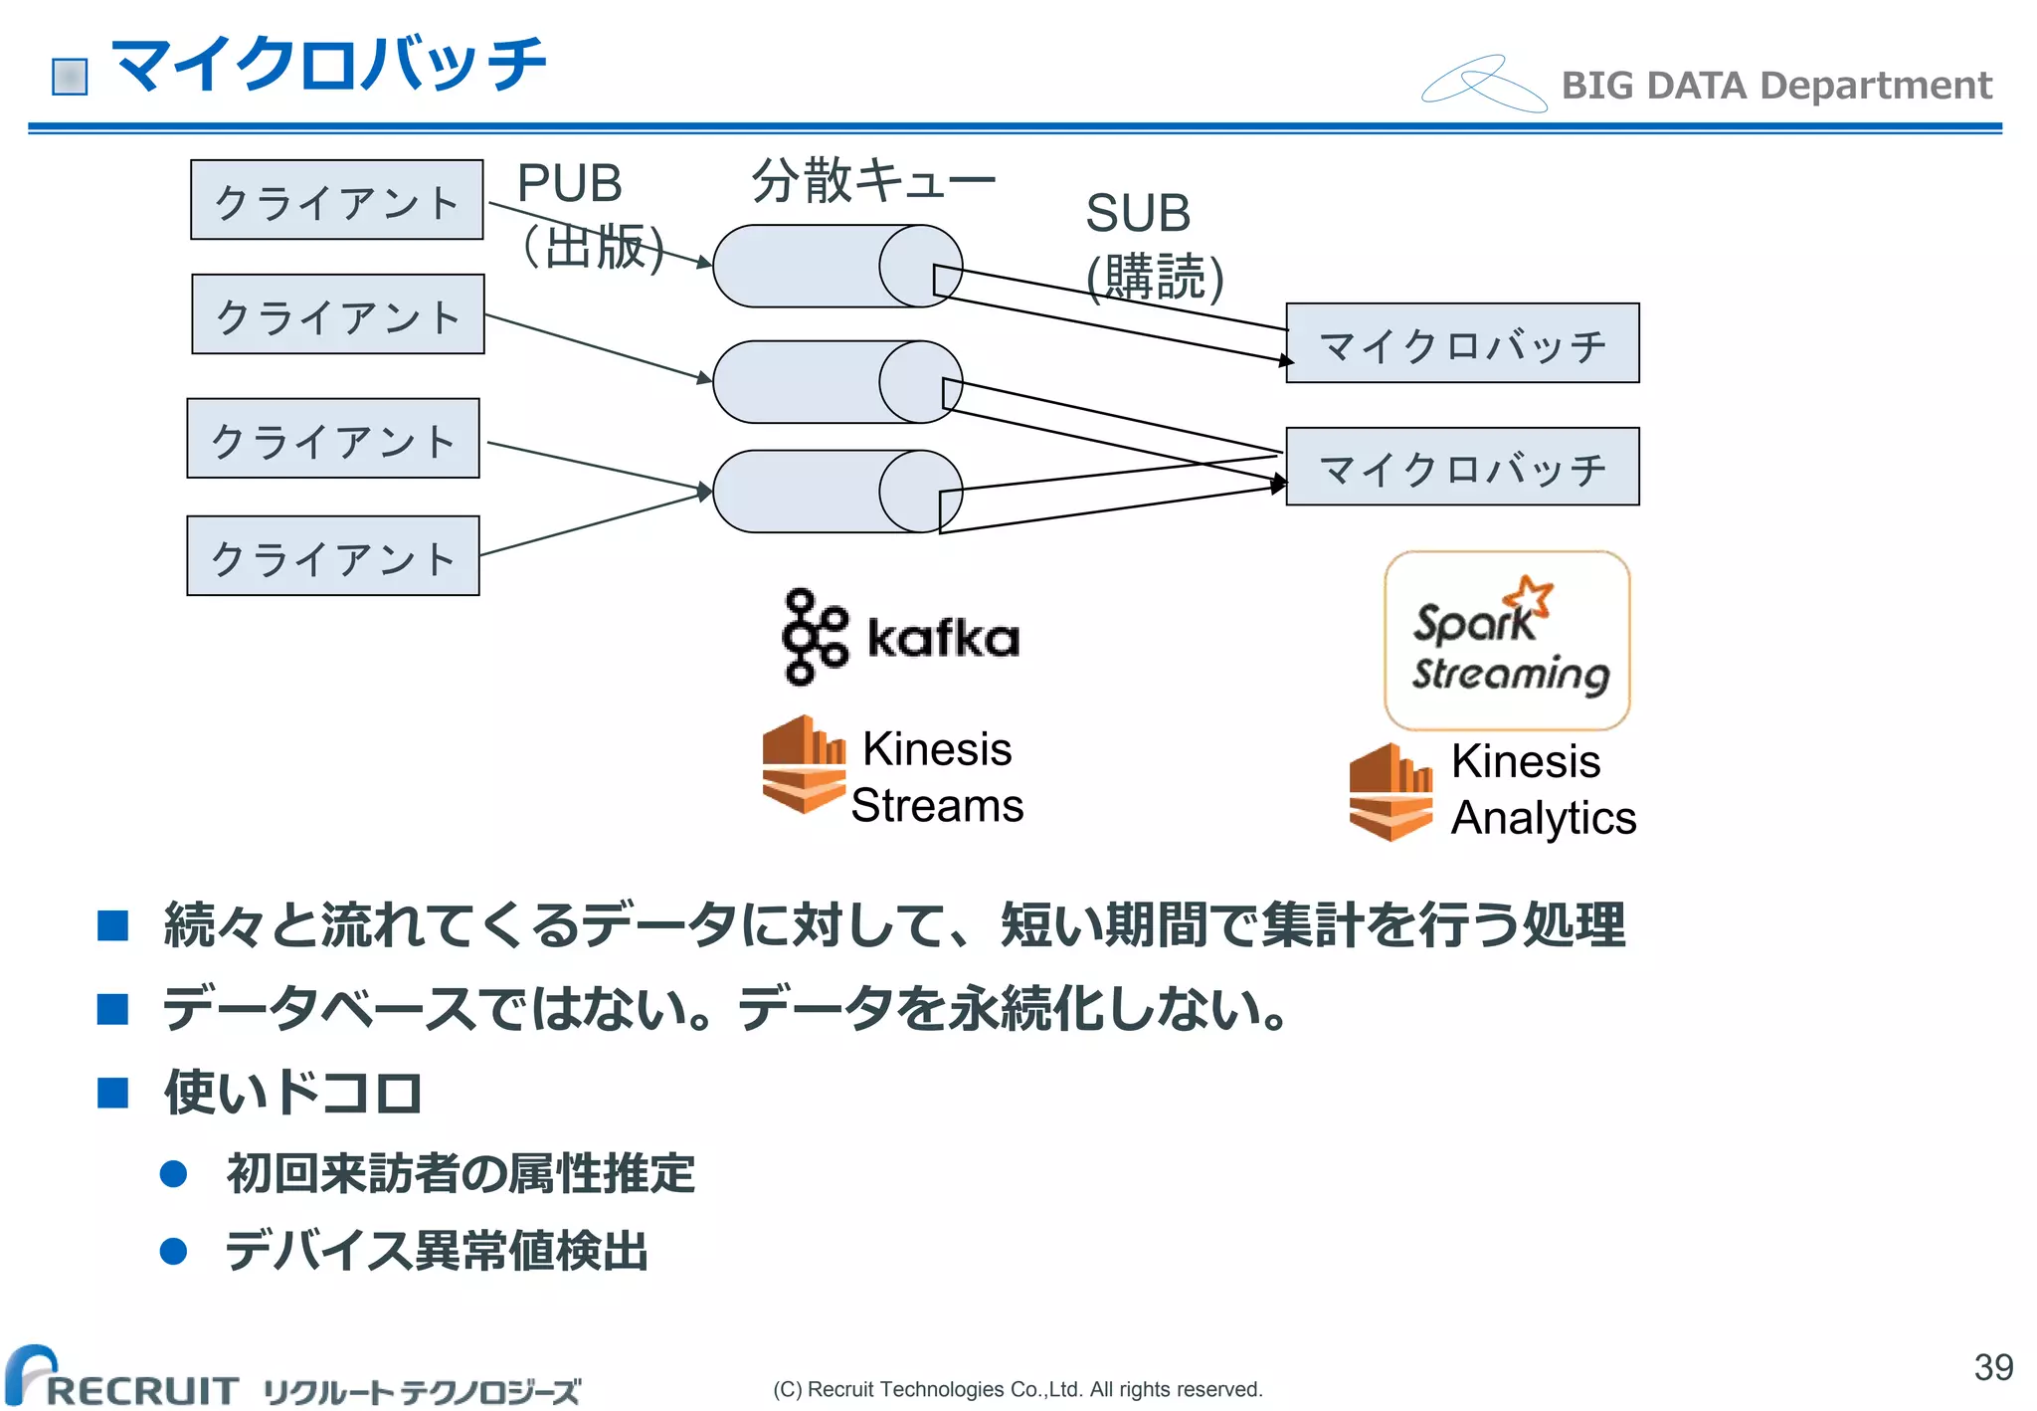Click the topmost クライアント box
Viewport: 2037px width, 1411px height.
337,200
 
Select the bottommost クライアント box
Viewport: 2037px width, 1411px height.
333,556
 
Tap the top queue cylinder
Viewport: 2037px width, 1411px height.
836,266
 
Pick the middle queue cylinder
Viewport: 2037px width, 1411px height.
836,382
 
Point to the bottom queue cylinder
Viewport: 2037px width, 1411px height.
836,492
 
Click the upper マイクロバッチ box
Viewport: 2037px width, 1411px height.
1462,343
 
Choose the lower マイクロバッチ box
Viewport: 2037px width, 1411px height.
1462,467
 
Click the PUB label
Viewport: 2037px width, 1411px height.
569,184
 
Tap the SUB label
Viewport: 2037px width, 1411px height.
1138,214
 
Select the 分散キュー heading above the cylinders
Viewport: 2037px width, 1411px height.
873,181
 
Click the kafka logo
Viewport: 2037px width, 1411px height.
901,637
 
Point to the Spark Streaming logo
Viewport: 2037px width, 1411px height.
1507,640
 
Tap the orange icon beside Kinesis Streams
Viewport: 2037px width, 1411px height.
804,764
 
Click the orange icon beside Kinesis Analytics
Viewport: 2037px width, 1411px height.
1390,792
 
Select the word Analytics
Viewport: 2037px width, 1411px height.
1543,818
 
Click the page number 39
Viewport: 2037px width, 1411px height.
1993,1367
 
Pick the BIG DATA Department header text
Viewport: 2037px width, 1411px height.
1776,86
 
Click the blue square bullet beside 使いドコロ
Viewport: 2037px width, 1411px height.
113,1093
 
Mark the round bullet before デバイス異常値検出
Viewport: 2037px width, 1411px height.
174,1251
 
